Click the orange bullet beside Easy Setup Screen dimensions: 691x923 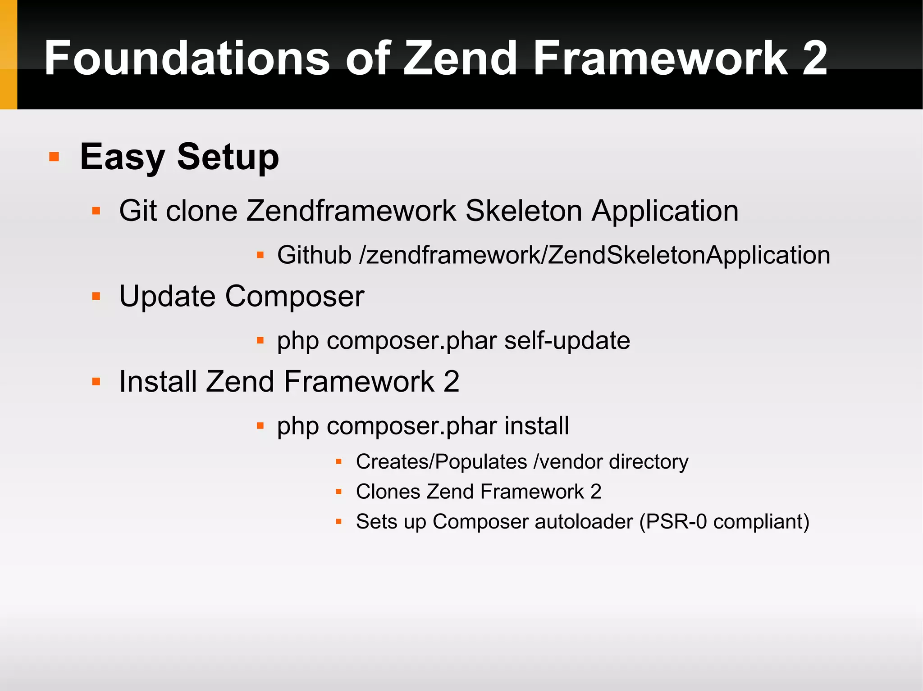[x=54, y=157]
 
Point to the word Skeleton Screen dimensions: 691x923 [x=524, y=211]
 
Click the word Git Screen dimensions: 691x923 [x=137, y=211]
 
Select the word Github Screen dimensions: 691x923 [x=314, y=255]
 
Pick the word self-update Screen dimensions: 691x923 [x=567, y=341]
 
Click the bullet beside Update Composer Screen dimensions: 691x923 [x=96, y=296]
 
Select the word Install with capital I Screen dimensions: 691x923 [x=158, y=382]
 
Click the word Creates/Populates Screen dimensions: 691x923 [x=441, y=462]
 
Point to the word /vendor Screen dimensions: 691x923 [x=568, y=462]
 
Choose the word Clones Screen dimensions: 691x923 [x=387, y=492]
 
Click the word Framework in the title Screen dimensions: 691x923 [x=661, y=59]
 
